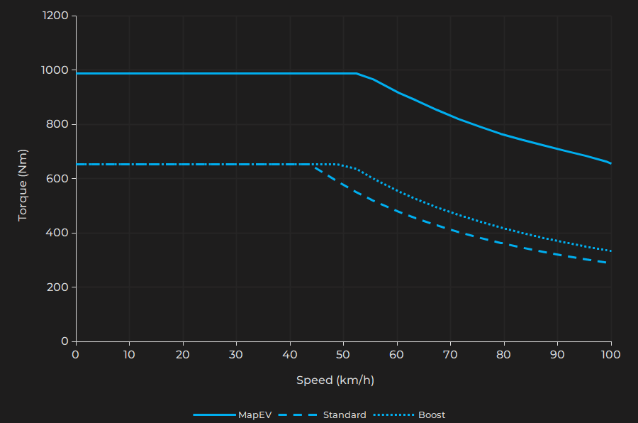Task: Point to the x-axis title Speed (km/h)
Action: tap(335, 380)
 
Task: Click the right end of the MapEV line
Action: tap(610, 163)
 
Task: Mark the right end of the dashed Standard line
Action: tap(608, 263)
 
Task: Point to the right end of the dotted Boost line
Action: tap(610, 251)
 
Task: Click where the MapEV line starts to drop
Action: tap(357, 73)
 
